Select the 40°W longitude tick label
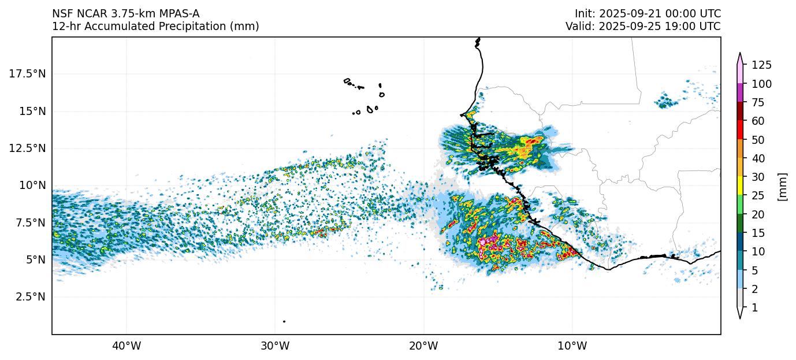pos(127,346)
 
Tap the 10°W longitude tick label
pos(572,346)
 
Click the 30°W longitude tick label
pos(275,346)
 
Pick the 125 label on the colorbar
pos(761,65)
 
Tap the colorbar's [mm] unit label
pos(783,187)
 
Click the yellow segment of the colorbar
pos(741,186)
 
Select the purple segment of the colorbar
pos(741,92)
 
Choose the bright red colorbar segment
pos(741,130)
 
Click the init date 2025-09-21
pos(632,13)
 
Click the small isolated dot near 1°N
pos(284,321)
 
